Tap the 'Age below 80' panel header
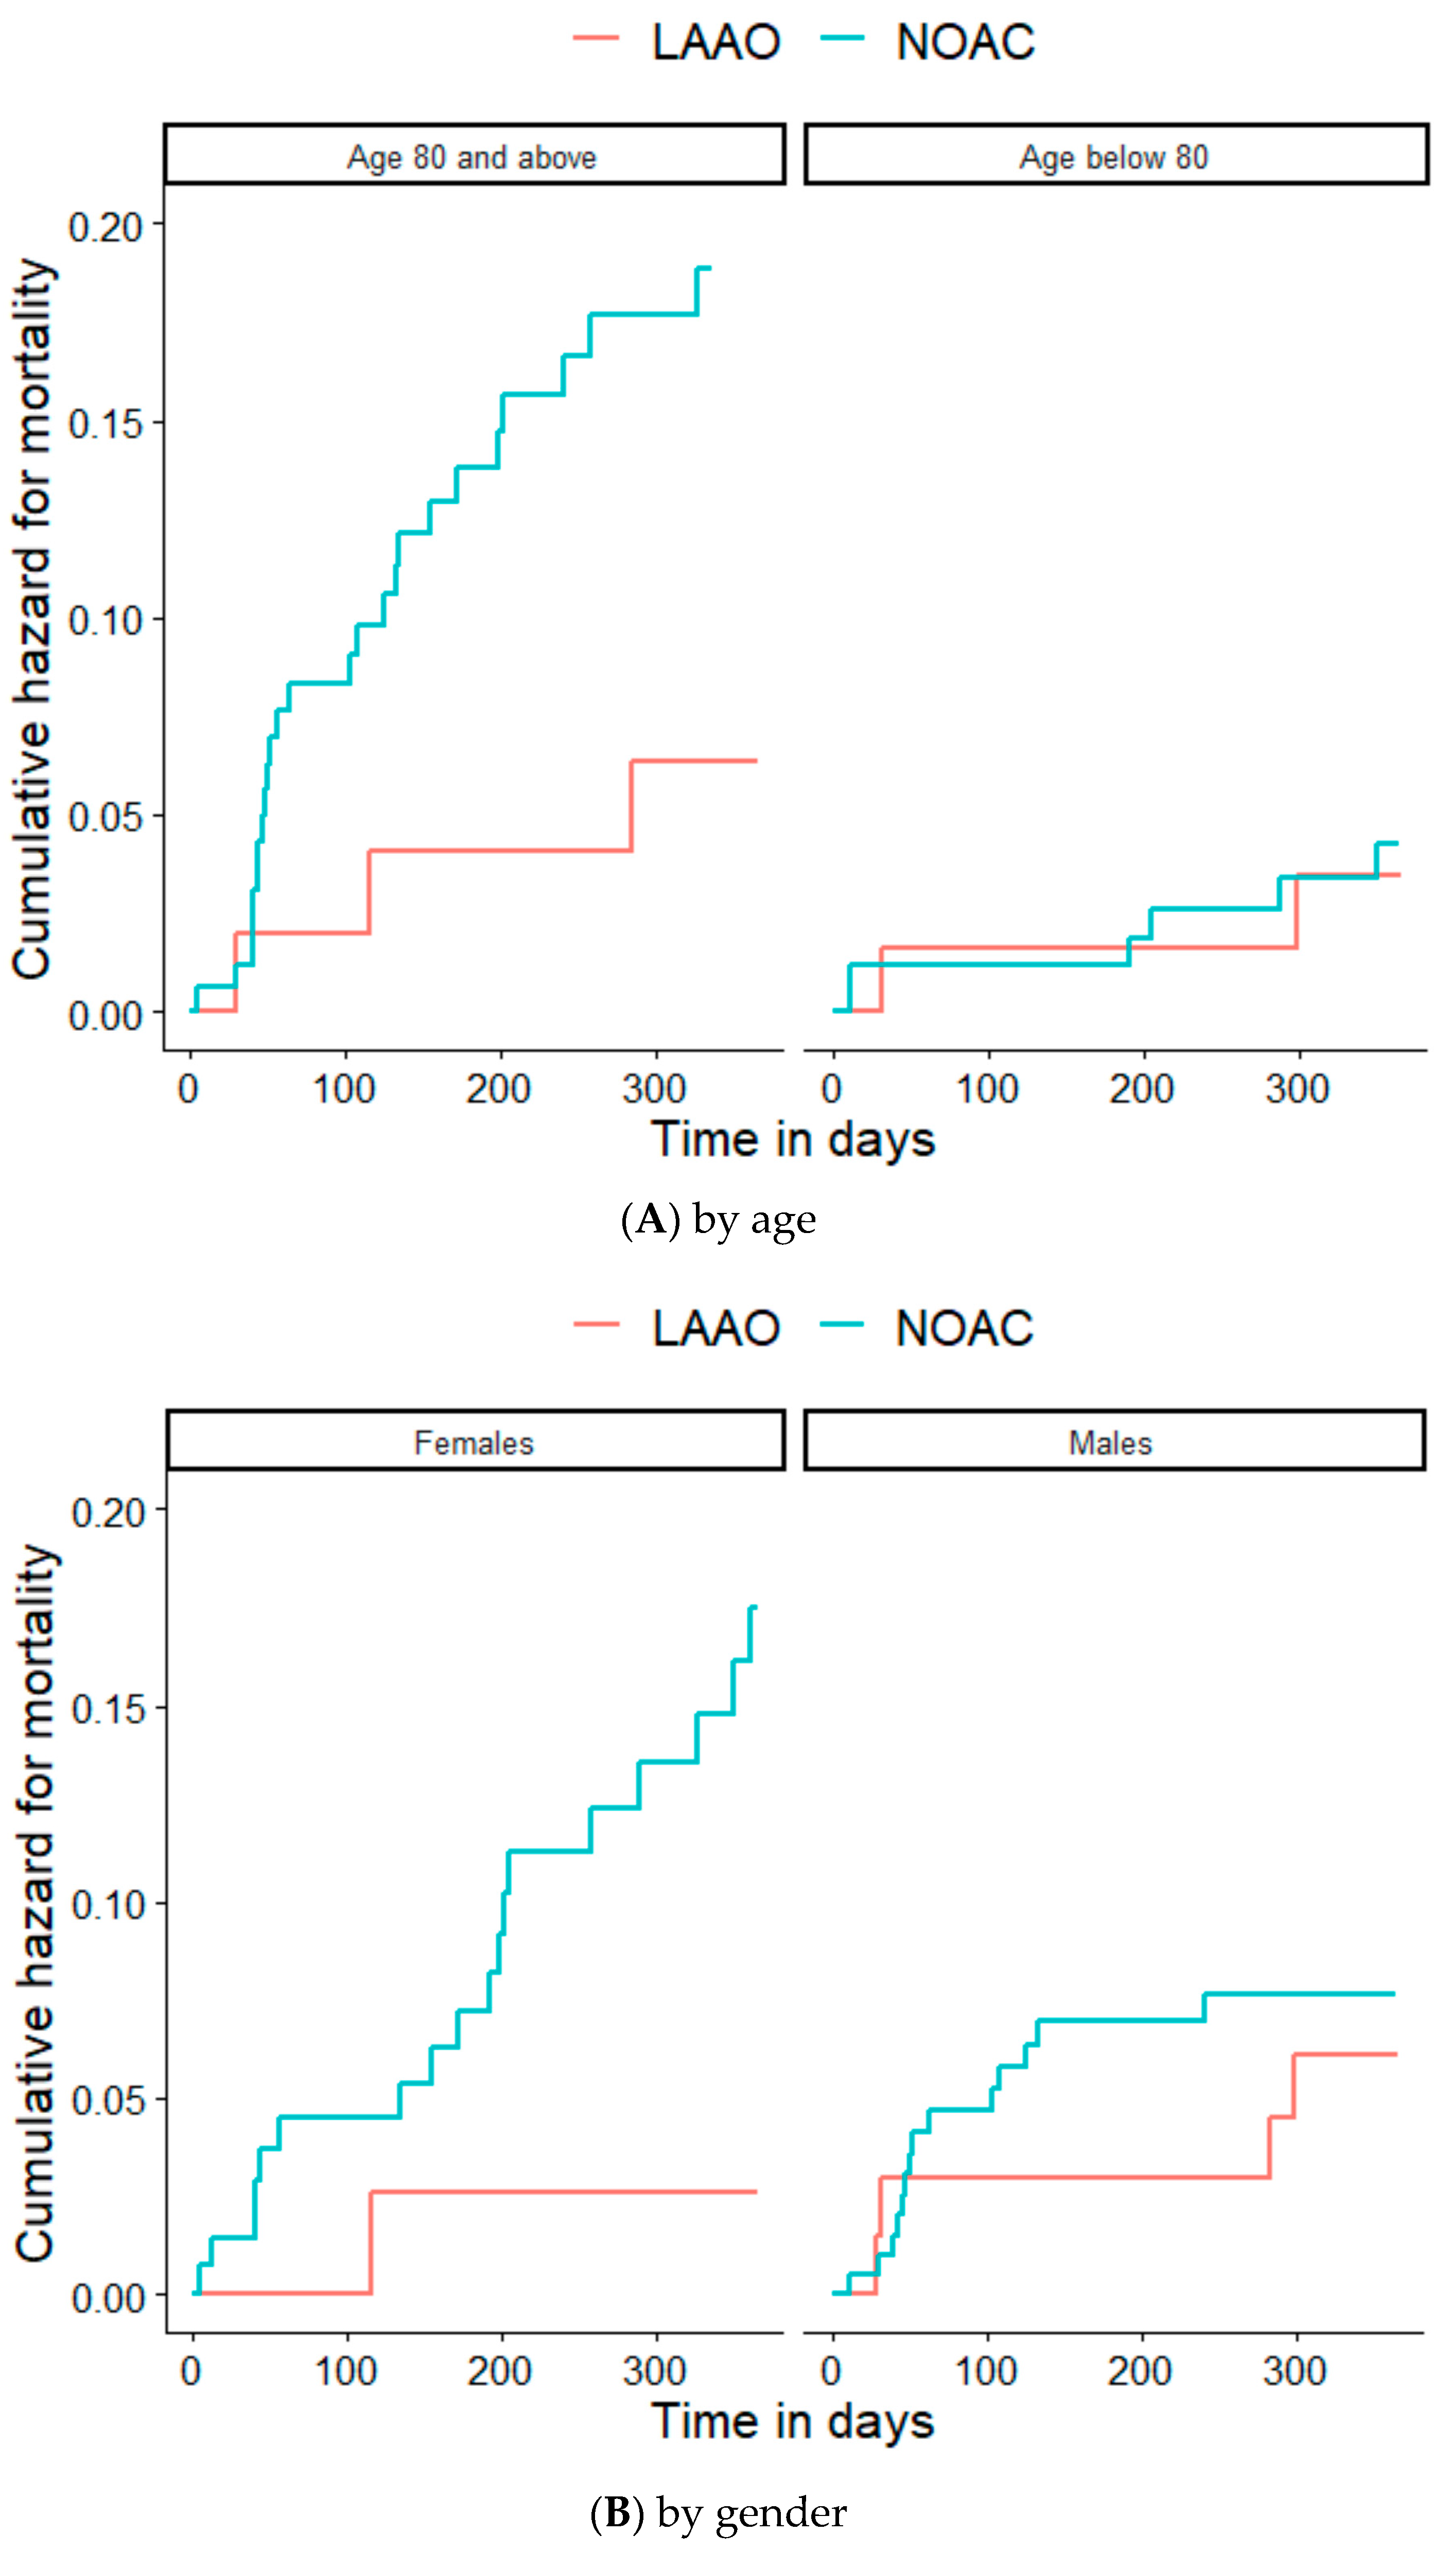[1114, 156]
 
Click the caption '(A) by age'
[719, 1220]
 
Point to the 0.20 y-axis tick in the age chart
[104, 228]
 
